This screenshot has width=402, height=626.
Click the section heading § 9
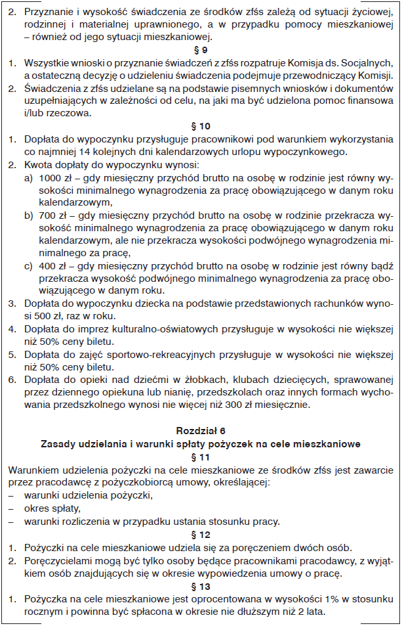click(201, 49)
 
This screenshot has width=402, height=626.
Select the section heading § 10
click(201, 125)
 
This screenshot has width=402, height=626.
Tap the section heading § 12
click(201, 535)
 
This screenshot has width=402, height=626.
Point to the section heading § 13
click(201, 586)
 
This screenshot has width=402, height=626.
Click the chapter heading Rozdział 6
click(201, 430)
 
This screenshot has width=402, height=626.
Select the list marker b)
click(28, 215)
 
